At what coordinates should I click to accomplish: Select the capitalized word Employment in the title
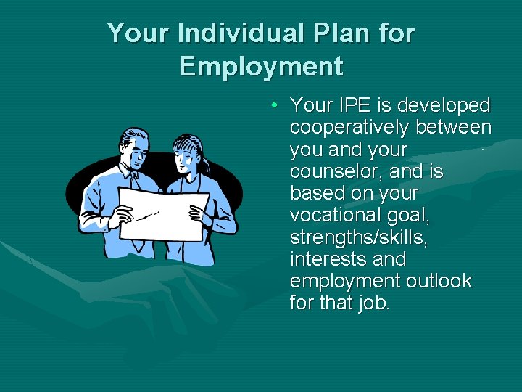pyautogui.click(x=261, y=66)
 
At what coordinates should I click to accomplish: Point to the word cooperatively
pyautogui.click(x=349, y=128)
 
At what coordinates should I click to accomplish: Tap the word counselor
pyautogui.click(x=336, y=171)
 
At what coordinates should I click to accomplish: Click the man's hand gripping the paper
pyautogui.click(x=123, y=215)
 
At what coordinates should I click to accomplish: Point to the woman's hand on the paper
pyautogui.click(x=196, y=213)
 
